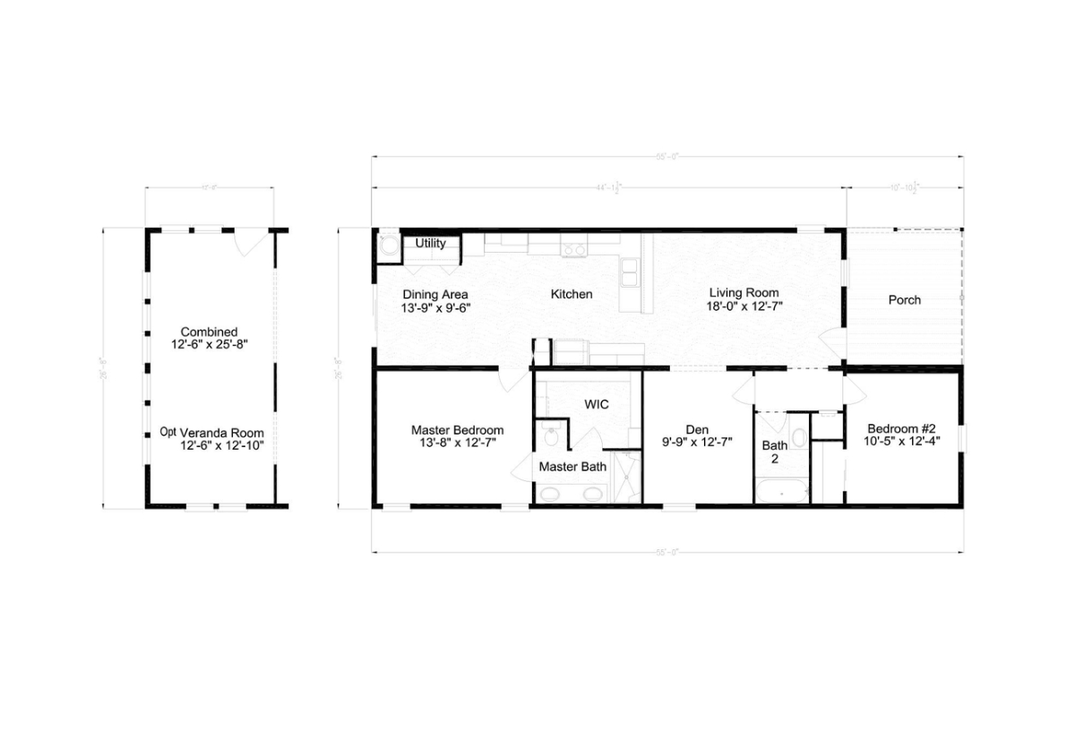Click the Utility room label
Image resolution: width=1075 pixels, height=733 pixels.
click(431, 243)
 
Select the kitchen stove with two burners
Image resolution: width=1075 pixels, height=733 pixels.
click(573, 249)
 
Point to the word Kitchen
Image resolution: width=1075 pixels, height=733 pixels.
click(572, 294)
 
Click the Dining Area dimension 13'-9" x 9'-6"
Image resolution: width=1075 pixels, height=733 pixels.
click(435, 307)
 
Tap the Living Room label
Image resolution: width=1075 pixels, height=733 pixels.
click(744, 293)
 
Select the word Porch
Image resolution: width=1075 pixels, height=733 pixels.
click(904, 300)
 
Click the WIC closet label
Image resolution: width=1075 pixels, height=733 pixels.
click(597, 405)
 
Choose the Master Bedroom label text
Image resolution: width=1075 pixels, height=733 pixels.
click(457, 430)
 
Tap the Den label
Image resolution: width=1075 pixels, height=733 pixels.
click(697, 430)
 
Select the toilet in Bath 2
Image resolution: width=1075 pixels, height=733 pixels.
click(799, 438)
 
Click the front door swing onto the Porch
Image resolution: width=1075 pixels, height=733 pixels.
click(832, 343)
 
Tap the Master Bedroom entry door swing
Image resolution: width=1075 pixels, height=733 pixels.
click(514, 376)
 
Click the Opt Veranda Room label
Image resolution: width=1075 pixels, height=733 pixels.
click(212, 433)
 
